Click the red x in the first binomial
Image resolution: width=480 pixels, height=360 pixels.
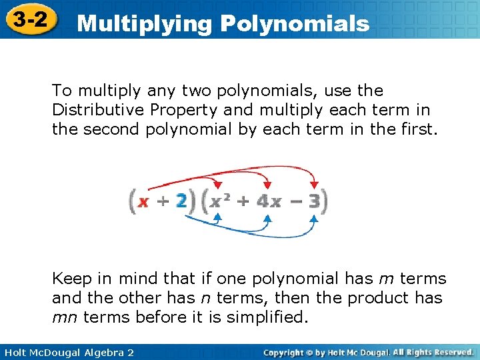click(143, 201)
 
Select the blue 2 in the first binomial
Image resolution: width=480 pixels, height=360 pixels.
click(181, 201)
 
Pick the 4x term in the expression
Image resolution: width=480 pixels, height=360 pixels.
click(269, 201)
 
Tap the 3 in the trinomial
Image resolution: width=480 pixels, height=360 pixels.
click(315, 201)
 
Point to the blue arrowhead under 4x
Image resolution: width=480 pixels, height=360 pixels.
click(267, 217)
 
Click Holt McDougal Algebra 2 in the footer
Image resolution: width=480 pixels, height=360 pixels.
click(67, 352)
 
